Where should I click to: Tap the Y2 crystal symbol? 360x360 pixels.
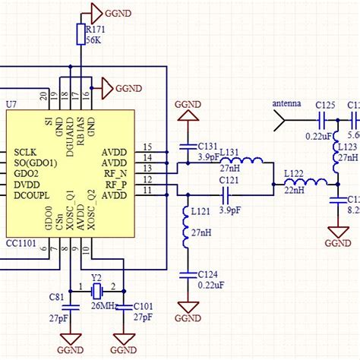pos(96,291)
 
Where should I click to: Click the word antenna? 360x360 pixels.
pos(286,103)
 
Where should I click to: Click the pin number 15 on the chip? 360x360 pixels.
pos(147,147)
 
